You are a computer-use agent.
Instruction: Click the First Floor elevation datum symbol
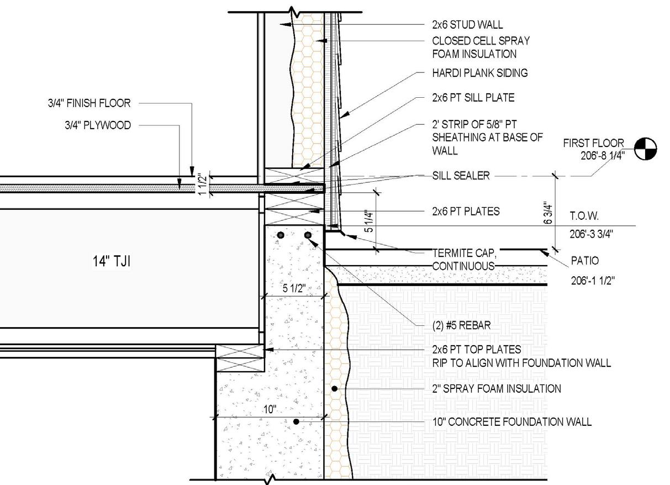coord(646,149)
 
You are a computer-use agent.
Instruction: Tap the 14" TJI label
coord(111,261)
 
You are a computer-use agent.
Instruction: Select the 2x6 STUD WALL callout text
coord(467,25)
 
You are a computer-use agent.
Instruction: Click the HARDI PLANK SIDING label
coord(480,73)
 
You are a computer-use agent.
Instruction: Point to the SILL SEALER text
coord(461,176)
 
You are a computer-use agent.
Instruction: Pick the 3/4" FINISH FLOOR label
coord(89,103)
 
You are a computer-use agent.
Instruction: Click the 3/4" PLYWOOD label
coord(97,125)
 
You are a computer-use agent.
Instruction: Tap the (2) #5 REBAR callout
coord(461,325)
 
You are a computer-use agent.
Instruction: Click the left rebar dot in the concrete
coord(281,235)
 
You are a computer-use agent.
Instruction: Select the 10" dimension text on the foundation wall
coord(270,409)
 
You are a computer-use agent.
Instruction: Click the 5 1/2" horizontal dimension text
coord(293,288)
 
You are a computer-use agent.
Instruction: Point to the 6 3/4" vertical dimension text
coord(547,212)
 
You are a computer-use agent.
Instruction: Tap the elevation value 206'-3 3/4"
coord(592,234)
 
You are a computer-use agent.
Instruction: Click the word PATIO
coord(584,261)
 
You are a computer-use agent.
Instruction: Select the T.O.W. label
coord(584,216)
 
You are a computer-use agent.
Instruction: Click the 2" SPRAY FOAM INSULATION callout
coord(496,389)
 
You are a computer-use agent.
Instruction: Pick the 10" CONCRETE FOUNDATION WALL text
coord(511,422)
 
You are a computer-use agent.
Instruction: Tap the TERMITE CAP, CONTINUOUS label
coord(464,260)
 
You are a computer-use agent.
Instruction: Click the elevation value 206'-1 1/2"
coord(593,281)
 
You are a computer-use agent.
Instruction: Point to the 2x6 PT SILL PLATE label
coord(473,98)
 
